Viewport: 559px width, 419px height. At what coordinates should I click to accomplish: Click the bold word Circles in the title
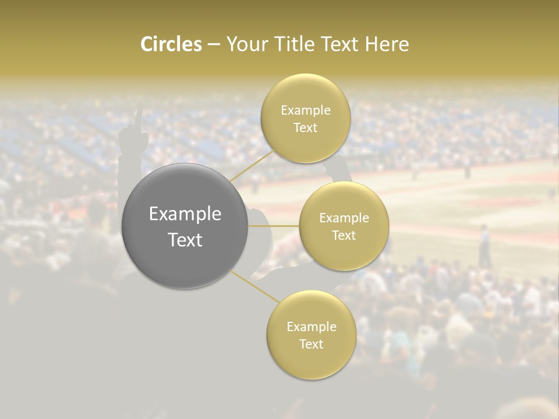[171, 44]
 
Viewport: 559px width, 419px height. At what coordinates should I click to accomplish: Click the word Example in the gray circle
[185, 214]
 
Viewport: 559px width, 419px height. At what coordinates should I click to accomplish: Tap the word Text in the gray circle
[185, 240]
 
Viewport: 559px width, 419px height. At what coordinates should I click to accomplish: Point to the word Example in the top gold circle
[305, 111]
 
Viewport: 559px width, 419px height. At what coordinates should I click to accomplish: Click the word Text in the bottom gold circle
[311, 344]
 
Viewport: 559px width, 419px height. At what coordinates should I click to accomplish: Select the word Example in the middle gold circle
[344, 218]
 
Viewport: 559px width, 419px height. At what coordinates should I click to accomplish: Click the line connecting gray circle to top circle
[252, 165]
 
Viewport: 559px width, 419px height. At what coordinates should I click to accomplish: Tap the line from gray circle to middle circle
[274, 226]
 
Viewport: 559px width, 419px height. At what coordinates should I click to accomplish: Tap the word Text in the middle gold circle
[344, 235]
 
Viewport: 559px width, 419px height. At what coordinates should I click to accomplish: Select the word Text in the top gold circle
[305, 127]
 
